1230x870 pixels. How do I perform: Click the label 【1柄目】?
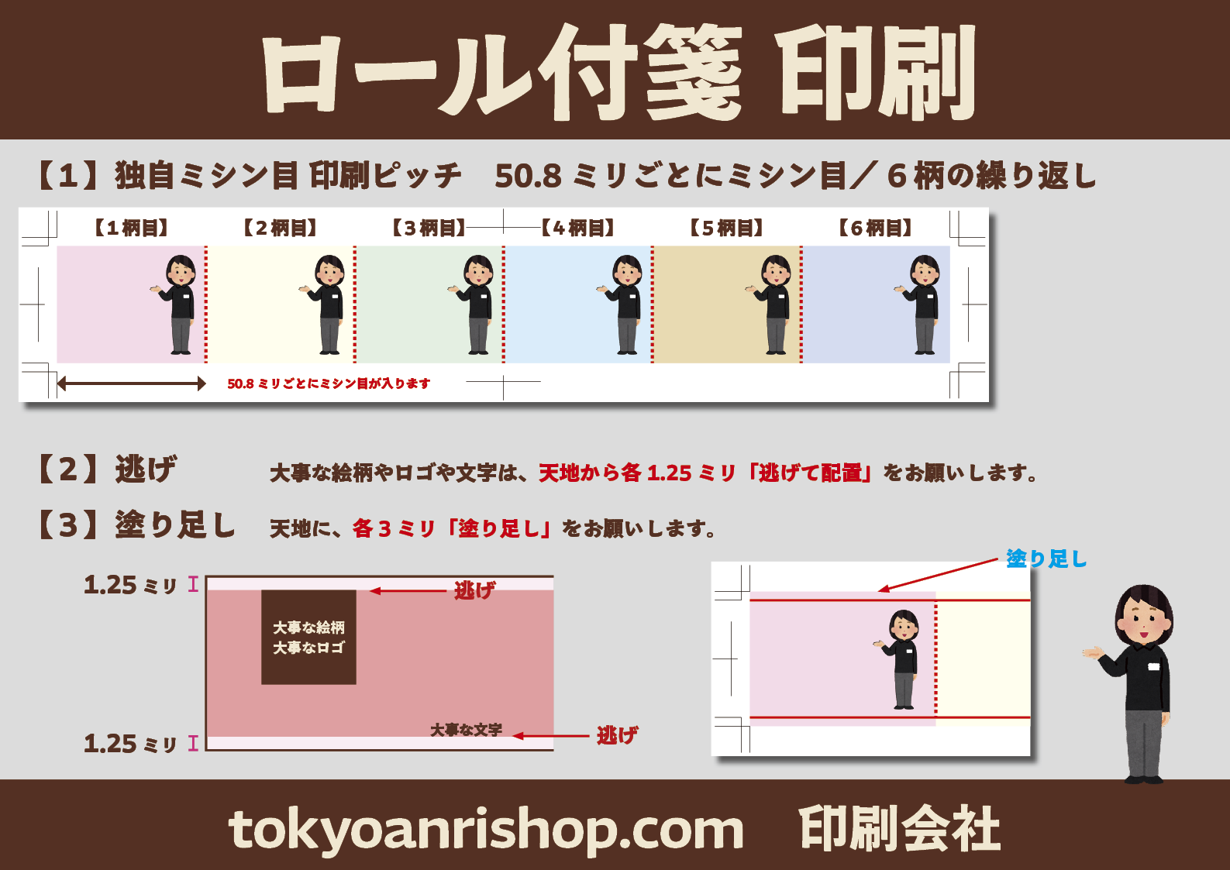pos(131,227)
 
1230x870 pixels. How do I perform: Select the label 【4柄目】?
pos(577,227)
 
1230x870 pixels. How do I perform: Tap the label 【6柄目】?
pos(875,227)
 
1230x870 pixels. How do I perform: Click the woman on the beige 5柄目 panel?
pos(771,304)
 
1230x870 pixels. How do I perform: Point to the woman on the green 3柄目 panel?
pos(474,304)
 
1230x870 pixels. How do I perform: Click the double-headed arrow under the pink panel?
pos(131,383)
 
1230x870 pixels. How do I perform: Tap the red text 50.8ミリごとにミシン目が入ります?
pos(329,383)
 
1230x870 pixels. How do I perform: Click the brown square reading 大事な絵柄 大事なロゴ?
pos(308,638)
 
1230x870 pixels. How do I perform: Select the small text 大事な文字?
pos(467,730)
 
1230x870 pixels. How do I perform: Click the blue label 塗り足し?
pos(1046,559)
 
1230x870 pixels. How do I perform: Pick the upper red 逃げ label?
pos(474,590)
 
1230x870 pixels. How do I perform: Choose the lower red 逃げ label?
pos(617,735)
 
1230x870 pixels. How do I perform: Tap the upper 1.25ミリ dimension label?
pos(130,585)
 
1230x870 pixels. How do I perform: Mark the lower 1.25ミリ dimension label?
pos(130,744)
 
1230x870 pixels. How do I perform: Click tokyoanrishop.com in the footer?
pos(486,830)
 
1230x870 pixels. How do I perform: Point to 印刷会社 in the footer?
pos(900,829)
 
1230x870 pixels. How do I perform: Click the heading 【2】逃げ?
pos(107,469)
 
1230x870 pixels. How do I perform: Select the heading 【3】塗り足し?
pos(136,524)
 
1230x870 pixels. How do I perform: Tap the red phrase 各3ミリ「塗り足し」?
pos(452,528)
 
